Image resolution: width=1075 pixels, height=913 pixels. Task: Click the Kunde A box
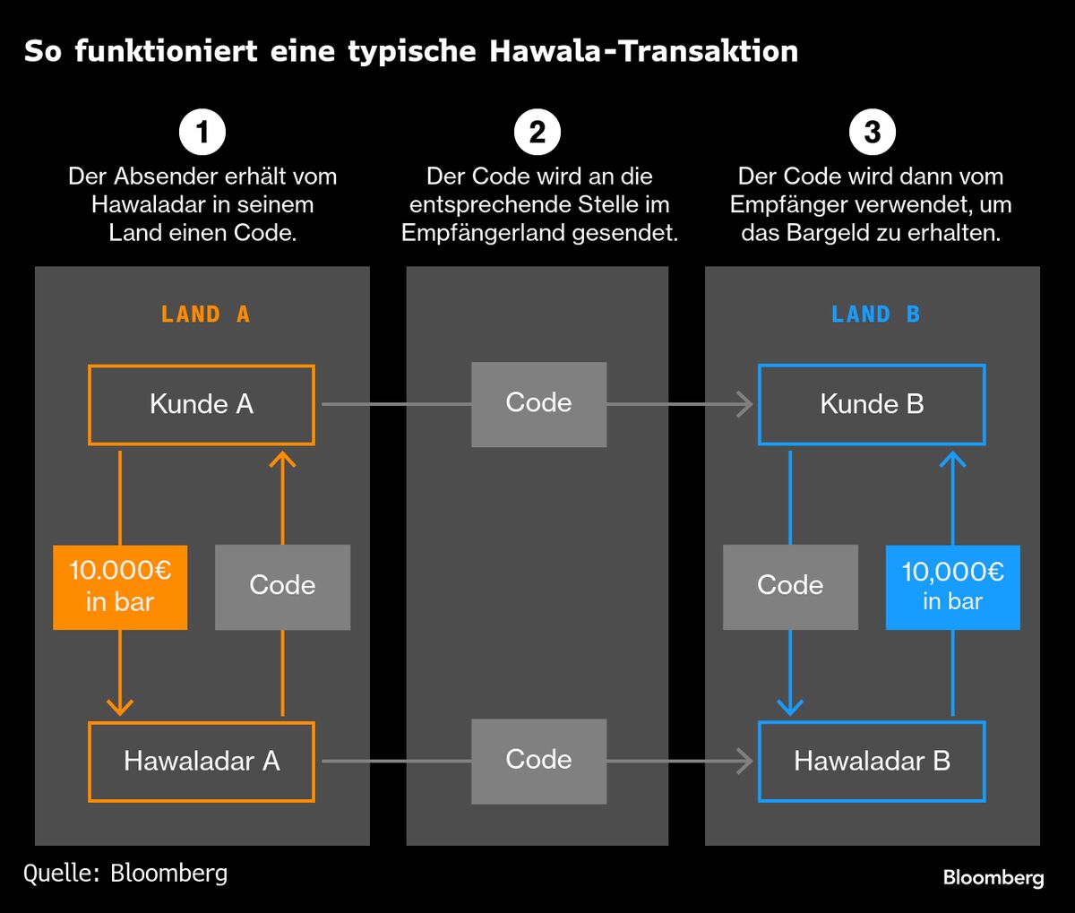(x=202, y=405)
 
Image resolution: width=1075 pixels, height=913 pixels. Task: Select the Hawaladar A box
(x=202, y=762)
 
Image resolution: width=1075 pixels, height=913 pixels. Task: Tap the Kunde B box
(x=872, y=405)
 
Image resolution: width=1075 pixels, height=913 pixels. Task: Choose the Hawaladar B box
(x=872, y=762)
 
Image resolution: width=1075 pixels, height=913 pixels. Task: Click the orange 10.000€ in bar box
(x=120, y=587)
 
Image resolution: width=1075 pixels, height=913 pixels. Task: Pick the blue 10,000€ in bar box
(x=952, y=587)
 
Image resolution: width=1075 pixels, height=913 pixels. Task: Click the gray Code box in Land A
(x=282, y=587)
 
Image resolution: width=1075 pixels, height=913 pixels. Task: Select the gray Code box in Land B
(x=790, y=587)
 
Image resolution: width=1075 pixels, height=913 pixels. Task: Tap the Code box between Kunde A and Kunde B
(x=538, y=404)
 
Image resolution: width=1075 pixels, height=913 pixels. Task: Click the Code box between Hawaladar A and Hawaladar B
(x=538, y=761)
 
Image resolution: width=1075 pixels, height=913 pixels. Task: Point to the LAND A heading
(x=205, y=314)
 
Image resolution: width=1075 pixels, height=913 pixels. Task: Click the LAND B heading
(x=875, y=314)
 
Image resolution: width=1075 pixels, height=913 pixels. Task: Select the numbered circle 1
(x=202, y=133)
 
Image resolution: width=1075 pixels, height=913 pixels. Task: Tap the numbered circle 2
(x=537, y=133)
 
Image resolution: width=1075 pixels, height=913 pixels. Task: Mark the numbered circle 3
(x=873, y=133)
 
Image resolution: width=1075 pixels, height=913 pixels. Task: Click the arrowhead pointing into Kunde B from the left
(x=745, y=405)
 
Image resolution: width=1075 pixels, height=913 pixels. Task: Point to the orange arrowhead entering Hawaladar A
(x=120, y=706)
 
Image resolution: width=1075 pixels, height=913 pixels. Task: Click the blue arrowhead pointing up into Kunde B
(x=952, y=460)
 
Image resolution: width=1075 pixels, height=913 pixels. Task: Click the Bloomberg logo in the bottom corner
(x=993, y=878)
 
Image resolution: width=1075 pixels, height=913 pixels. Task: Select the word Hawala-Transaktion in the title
(x=644, y=51)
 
